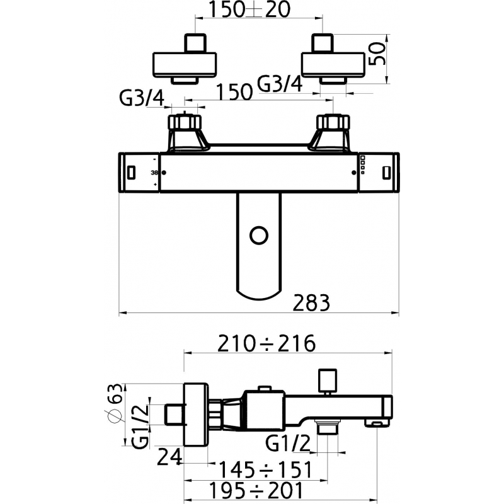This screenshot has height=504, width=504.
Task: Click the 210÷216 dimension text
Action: coord(265,344)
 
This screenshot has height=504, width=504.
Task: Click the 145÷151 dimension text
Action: coord(265,470)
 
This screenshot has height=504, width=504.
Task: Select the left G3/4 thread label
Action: coord(142,98)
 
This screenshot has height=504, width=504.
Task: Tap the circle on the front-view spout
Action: coord(258,235)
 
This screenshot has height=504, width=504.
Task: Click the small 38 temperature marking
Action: coord(155,173)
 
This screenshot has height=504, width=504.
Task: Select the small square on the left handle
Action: coord(131,171)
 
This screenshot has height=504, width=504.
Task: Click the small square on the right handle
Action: coord(386,171)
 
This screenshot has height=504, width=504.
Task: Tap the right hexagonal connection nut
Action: coord(332,121)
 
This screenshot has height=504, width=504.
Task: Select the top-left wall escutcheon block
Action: coord(185,63)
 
